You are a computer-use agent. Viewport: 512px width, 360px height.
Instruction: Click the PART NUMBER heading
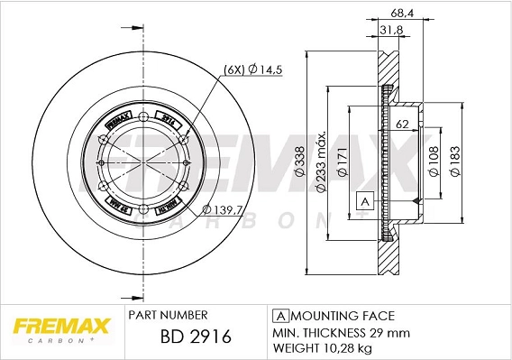pyautogui.click(x=169, y=315)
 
